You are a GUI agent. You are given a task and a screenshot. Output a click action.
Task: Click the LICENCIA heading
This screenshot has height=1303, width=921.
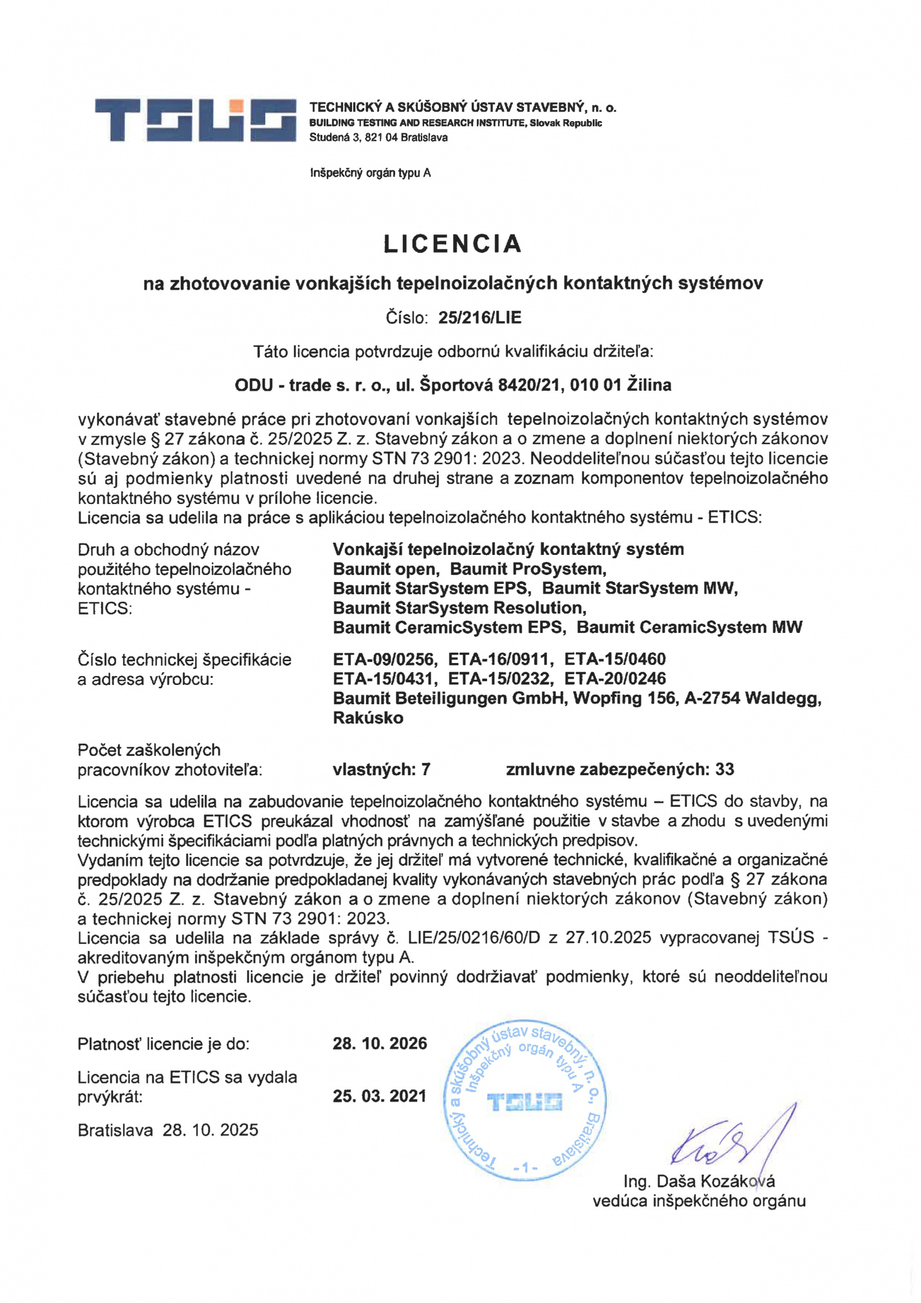[x=452, y=244]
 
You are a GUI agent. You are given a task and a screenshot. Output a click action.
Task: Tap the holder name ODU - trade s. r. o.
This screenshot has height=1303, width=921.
[x=312, y=385]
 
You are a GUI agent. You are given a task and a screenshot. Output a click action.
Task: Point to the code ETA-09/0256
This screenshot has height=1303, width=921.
[x=385, y=659]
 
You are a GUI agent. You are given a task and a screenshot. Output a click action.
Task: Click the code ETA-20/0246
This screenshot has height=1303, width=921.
[x=615, y=679]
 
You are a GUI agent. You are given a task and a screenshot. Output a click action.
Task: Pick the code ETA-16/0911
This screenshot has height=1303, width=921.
[x=500, y=659]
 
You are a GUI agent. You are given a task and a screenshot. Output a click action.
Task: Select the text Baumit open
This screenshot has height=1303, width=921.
[x=386, y=569]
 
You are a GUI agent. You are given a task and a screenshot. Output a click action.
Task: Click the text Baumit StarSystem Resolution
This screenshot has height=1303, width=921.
[x=459, y=608]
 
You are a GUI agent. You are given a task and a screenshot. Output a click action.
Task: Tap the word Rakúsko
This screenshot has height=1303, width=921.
[x=368, y=718]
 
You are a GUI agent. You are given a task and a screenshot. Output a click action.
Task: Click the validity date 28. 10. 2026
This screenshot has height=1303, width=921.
[x=380, y=1044]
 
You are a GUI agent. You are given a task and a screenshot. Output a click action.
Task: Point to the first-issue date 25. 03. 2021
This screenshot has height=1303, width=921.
[x=380, y=1096]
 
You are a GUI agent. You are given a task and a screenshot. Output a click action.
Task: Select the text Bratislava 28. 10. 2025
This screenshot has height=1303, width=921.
[x=168, y=1130]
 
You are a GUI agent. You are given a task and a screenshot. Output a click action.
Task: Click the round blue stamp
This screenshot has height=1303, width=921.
[x=525, y=1101]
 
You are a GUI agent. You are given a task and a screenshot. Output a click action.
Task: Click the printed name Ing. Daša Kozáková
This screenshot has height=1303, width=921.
[x=699, y=1181]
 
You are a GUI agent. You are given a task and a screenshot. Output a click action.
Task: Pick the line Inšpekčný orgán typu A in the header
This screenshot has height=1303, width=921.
[x=370, y=173]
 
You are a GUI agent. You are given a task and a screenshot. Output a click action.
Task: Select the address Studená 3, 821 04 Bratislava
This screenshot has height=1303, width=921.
[x=378, y=138]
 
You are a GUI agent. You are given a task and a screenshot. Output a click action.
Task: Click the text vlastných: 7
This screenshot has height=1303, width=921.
[x=381, y=769]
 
